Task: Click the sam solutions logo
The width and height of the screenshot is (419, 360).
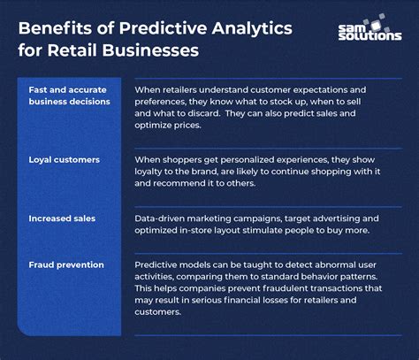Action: tap(369, 33)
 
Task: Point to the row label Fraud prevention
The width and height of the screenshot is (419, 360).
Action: tap(66, 264)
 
